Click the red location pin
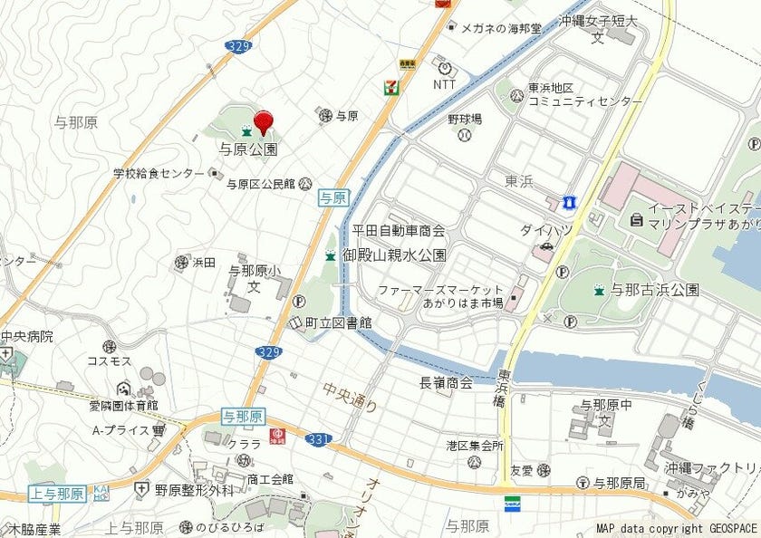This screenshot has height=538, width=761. (x=264, y=122)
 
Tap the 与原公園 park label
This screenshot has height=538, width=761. (x=247, y=149)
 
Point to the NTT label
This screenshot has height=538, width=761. (x=444, y=84)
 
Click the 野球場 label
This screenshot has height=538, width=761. (x=464, y=120)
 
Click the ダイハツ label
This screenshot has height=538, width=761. (x=546, y=230)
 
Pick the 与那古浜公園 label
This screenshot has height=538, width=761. (x=654, y=290)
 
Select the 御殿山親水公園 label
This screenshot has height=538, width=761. (x=394, y=255)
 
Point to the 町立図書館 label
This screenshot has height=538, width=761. (x=338, y=322)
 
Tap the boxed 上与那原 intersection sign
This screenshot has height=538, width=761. (x=57, y=494)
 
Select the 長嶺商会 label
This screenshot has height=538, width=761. (x=446, y=383)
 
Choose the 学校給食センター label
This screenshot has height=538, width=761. (x=159, y=173)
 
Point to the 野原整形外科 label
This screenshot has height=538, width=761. (x=193, y=490)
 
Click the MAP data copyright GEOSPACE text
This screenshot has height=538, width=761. (x=676, y=528)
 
